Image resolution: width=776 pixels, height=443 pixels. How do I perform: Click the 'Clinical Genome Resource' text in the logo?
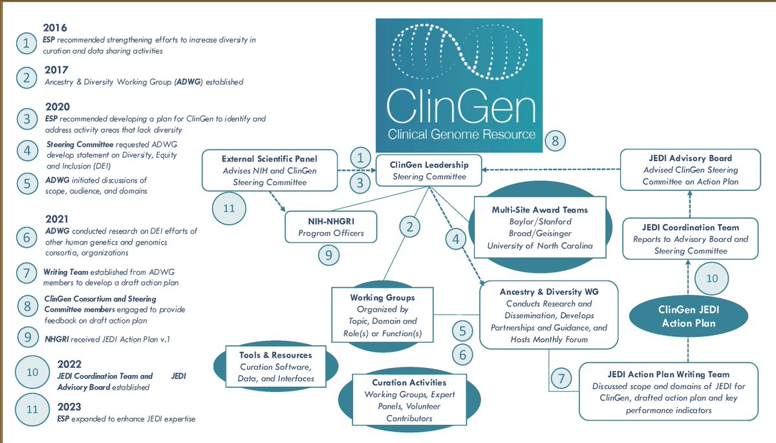[x=461, y=135]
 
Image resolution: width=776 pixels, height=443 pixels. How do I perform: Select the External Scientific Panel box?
[x=270, y=170]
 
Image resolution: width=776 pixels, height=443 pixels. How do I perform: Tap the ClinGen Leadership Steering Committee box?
[x=429, y=171]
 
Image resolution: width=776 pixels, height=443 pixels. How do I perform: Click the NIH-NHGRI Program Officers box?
[x=331, y=227]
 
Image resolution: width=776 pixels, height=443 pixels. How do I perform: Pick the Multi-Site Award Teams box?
[x=540, y=227]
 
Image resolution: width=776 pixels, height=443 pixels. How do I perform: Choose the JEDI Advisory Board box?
[x=691, y=169]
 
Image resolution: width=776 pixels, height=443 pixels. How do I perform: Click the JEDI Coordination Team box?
[x=691, y=239]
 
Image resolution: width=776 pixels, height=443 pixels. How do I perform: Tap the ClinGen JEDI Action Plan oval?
[x=689, y=316]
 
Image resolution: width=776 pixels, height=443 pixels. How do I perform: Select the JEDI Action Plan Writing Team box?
[x=669, y=392]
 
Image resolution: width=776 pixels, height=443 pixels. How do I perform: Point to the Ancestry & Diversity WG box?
[x=549, y=315]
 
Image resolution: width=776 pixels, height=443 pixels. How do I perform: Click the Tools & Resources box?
[x=275, y=367]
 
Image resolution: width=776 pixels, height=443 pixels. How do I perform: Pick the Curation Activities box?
[x=409, y=400]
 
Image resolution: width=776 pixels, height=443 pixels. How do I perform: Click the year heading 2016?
[x=55, y=28]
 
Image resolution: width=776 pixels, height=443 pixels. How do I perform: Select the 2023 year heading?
[x=69, y=407]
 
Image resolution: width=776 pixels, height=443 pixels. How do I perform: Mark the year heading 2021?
[x=57, y=219]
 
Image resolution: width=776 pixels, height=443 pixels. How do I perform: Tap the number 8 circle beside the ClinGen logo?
[x=555, y=141]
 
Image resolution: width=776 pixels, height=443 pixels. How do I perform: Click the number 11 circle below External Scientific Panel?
[x=229, y=208]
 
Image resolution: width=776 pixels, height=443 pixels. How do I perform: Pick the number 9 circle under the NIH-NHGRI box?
[x=329, y=255]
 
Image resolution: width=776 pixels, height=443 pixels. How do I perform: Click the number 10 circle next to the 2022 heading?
[x=32, y=372]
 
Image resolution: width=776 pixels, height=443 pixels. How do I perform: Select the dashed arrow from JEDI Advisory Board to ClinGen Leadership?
[x=551, y=169]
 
